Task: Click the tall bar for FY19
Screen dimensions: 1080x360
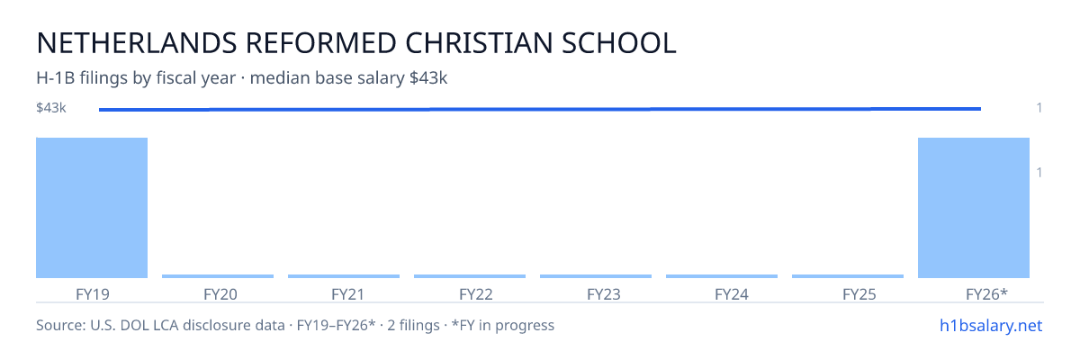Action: (92, 208)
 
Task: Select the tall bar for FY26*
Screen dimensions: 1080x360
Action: (974, 208)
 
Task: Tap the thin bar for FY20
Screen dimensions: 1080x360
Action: (218, 276)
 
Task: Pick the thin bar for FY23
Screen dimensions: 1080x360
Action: (596, 276)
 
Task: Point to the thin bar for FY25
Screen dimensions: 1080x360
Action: (848, 276)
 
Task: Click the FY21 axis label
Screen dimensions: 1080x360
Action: (347, 294)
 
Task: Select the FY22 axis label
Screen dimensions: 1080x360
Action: (476, 294)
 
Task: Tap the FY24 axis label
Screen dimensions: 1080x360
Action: (732, 294)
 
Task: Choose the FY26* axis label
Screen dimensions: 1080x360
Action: (986, 294)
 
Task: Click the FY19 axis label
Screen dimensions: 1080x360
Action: (93, 294)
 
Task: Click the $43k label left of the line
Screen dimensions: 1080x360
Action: (51, 107)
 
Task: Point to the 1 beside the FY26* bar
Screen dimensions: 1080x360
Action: (1039, 172)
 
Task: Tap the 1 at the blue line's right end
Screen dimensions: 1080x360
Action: (1039, 107)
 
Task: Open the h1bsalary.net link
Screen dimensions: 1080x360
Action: (991, 325)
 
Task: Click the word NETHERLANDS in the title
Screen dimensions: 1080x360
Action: (137, 43)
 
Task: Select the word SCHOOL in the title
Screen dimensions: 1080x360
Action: (618, 43)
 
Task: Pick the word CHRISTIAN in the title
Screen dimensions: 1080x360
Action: (478, 43)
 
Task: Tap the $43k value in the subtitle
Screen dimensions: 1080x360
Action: (428, 77)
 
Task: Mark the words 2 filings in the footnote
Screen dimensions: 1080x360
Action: (413, 325)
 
